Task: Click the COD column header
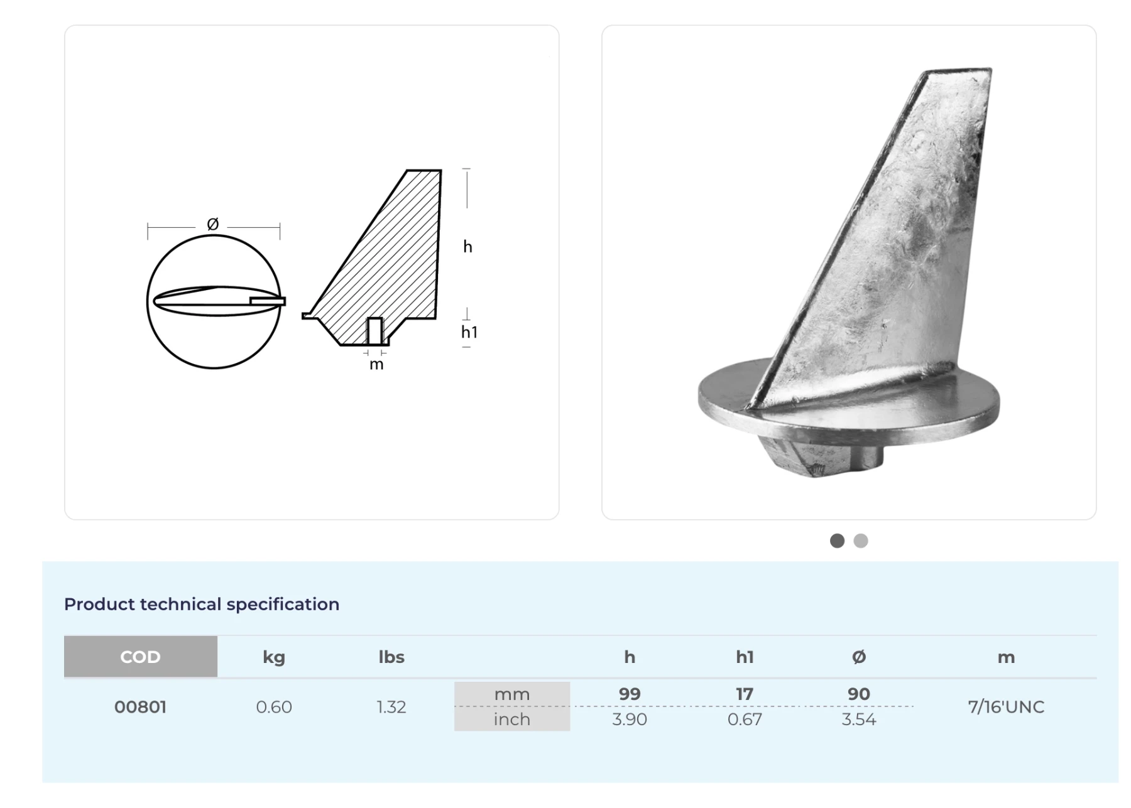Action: [x=140, y=657]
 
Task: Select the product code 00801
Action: [x=140, y=707]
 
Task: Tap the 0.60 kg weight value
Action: [x=274, y=707]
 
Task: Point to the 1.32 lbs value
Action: [x=391, y=707]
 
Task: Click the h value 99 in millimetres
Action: [x=630, y=694]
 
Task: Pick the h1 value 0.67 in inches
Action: [x=745, y=719]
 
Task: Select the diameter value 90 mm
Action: [x=859, y=694]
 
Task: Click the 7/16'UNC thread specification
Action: [x=1006, y=707]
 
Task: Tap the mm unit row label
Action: [x=512, y=694]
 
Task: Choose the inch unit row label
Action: [x=512, y=719]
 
